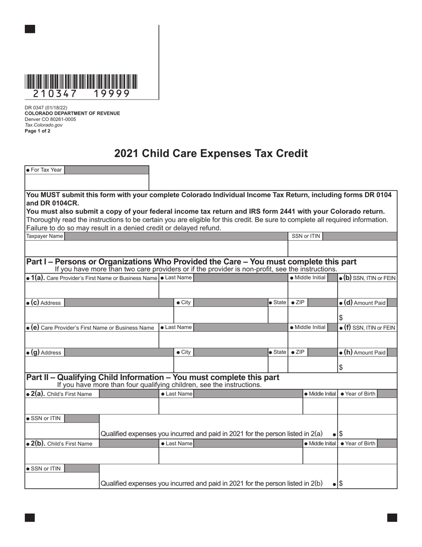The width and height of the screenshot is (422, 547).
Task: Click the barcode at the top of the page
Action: (81, 81)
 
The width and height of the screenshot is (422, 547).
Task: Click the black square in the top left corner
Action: (30, 29)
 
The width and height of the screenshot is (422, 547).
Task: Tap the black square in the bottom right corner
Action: (392, 517)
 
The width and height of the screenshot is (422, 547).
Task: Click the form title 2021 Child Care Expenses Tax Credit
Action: (211, 153)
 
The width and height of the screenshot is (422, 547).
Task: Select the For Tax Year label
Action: (44, 170)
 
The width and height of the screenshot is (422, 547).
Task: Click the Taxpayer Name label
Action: (44, 236)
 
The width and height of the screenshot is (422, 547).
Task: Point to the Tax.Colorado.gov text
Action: (44, 125)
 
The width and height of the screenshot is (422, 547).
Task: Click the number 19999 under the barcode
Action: (111, 94)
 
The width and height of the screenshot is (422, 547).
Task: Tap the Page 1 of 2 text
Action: (38, 131)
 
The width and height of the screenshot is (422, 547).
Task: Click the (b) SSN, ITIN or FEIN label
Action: (367, 278)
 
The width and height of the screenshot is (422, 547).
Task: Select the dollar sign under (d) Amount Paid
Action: (341, 318)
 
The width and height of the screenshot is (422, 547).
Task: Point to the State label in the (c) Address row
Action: (278, 302)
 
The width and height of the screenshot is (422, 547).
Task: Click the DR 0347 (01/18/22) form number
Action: (46, 108)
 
